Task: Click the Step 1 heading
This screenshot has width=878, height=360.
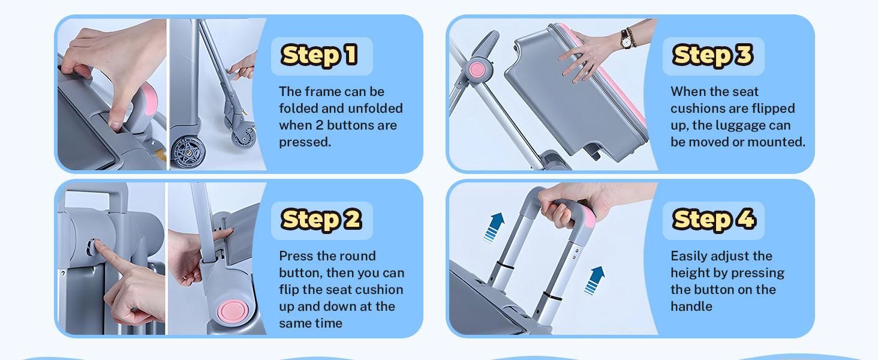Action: click(320, 55)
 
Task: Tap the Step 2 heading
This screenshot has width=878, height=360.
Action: click(321, 220)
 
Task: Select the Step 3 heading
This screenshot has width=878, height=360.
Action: click(712, 55)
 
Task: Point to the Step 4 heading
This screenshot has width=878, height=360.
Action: click(714, 220)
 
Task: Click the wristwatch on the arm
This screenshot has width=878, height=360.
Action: click(626, 39)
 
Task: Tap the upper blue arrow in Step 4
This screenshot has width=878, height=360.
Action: click(495, 227)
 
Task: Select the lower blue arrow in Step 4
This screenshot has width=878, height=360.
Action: click(594, 280)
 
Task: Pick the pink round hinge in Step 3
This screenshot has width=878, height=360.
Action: click(478, 70)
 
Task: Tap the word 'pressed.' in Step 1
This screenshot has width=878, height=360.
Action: click(305, 142)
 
